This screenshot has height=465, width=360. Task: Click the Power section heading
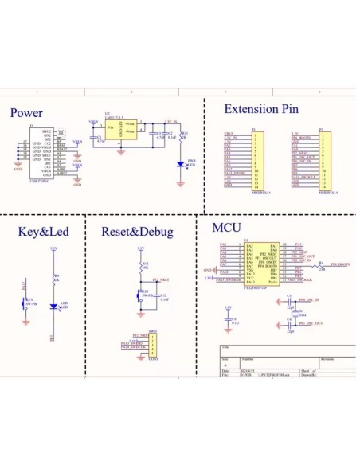click(x=26, y=113)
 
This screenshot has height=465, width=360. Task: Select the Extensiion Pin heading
click(x=261, y=110)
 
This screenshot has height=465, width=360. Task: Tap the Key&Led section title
click(x=43, y=232)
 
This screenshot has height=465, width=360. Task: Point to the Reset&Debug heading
click(x=137, y=232)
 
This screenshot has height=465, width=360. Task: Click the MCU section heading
click(x=227, y=228)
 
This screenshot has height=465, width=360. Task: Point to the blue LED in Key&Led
click(x=53, y=306)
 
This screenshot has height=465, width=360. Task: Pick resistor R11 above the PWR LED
click(x=181, y=136)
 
